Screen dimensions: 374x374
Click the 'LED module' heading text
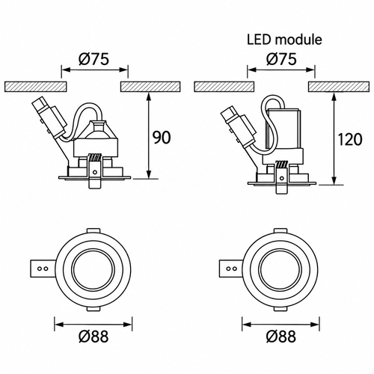284,40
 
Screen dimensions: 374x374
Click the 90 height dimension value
162,138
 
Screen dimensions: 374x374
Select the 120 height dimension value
349,139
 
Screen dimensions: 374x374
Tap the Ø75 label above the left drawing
94,59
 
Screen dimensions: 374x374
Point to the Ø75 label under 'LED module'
281,59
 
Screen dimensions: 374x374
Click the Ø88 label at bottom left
93,337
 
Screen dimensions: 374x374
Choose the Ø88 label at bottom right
281,337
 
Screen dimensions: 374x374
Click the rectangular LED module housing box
283,129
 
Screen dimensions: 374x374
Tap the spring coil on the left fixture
94,158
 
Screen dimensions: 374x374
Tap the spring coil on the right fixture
282,165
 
